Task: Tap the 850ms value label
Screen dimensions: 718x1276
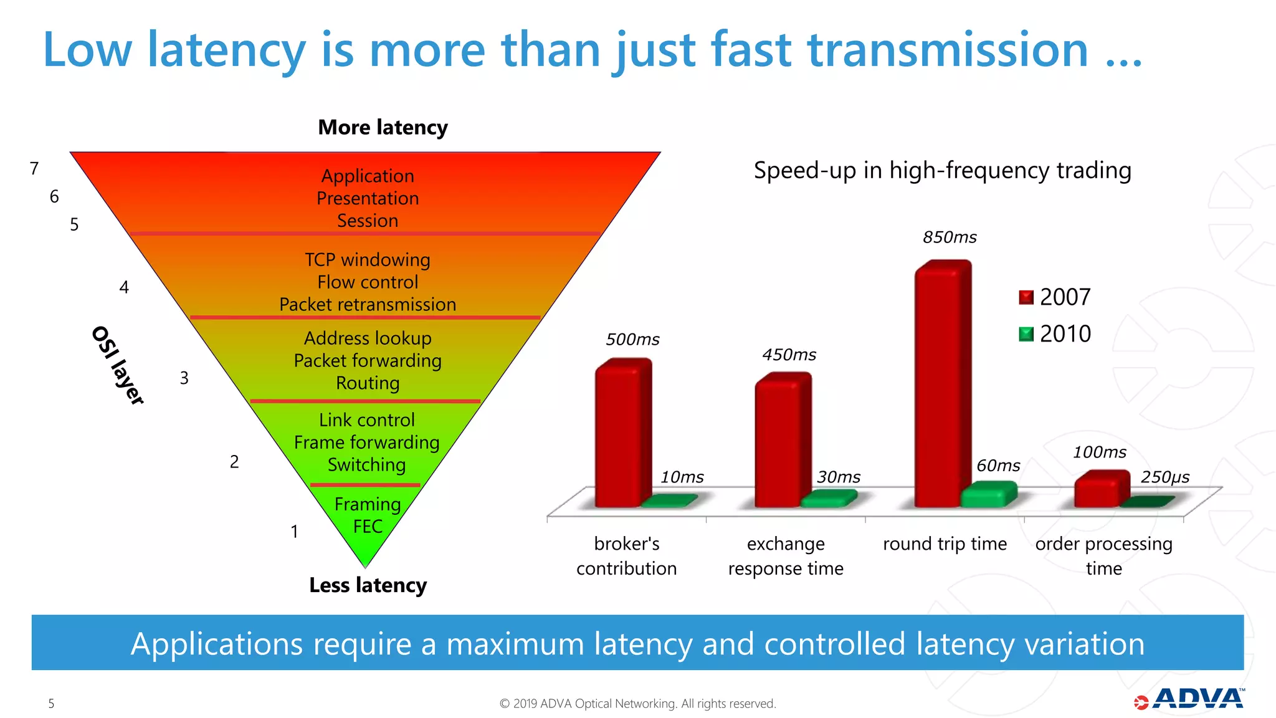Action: tap(950, 237)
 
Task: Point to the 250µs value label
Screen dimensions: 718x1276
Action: tap(1164, 477)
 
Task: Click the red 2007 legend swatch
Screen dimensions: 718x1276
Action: tap(1026, 297)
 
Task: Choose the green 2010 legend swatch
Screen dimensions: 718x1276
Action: tap(1026, 335)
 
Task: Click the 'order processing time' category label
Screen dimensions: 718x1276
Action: tap(1103, 555)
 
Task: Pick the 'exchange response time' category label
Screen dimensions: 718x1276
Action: tap(786, 555)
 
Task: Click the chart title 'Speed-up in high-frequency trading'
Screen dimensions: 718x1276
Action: tap(942, 170)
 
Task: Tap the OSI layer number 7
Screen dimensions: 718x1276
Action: tap(34, 169)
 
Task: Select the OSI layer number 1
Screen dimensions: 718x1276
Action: tap(294, 532)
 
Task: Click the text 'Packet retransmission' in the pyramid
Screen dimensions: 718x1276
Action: tap(368, 305)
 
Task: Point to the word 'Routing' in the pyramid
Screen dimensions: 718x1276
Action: tap(368, 383)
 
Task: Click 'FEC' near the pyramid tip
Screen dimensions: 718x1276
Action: tap(368, 527)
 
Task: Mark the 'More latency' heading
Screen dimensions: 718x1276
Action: tap(383, 128)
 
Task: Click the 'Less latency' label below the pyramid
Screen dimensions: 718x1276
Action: tap(368, 585)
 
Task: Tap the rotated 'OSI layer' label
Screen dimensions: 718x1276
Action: tap(118, 365)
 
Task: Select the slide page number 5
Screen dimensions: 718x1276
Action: tap(51, 704)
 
